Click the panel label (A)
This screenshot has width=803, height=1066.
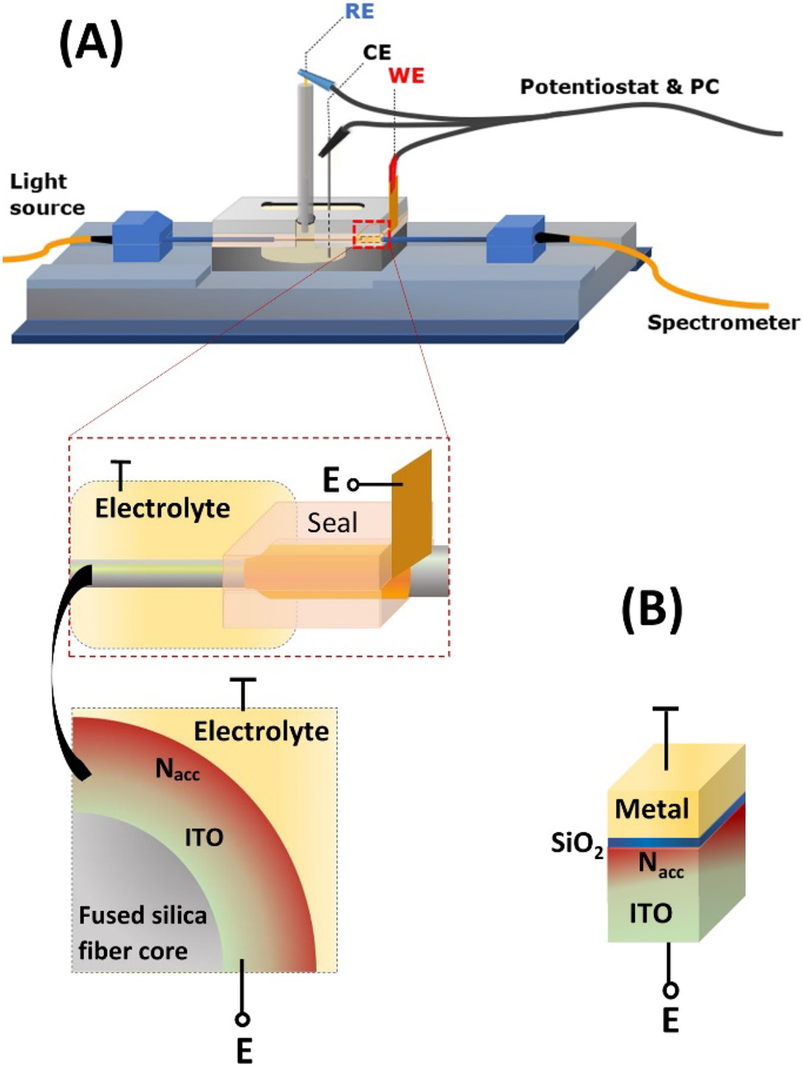pyautogui.click(x=91, y=43)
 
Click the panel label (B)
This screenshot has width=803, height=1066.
pyautogui.click(x=651, y=609)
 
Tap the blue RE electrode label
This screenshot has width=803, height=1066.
pyautogui.click(x=359, y=12)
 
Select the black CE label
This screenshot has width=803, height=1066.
pyautogui.click(x=377, y=53)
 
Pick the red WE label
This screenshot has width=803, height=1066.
pyautogui.click(x=406, y=76)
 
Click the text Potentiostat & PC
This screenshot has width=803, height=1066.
pyautogui.click(x=619, y=86)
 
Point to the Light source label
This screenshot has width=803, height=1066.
pyautogui.click(x=46, y=194)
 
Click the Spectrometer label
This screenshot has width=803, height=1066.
pyautogui.click(x=722, y=322)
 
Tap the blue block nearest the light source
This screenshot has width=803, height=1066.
pyautogui.click(x=141, y=236)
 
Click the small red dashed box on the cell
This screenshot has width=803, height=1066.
pyautogui.click(x=371, y=235)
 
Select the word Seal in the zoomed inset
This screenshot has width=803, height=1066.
pyautogui.click(x=333, y=523)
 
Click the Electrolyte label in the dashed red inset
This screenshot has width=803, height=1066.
pyautogui.click(x=162, y=508)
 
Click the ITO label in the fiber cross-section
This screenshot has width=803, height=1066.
pyautogui.click(x=203, y=838)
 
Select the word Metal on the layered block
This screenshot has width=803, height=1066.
pyautogui.click(x=651, y=809)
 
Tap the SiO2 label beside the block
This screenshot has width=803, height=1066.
pyautogui.click(x=577, y=844)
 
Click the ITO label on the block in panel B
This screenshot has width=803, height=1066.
pyautogui.click(x=651, y=913)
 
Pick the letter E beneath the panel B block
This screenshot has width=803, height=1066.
pyautogui.click(x=670, y=1021)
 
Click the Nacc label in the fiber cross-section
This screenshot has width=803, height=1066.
pyautogui.click(x=177, y=770)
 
